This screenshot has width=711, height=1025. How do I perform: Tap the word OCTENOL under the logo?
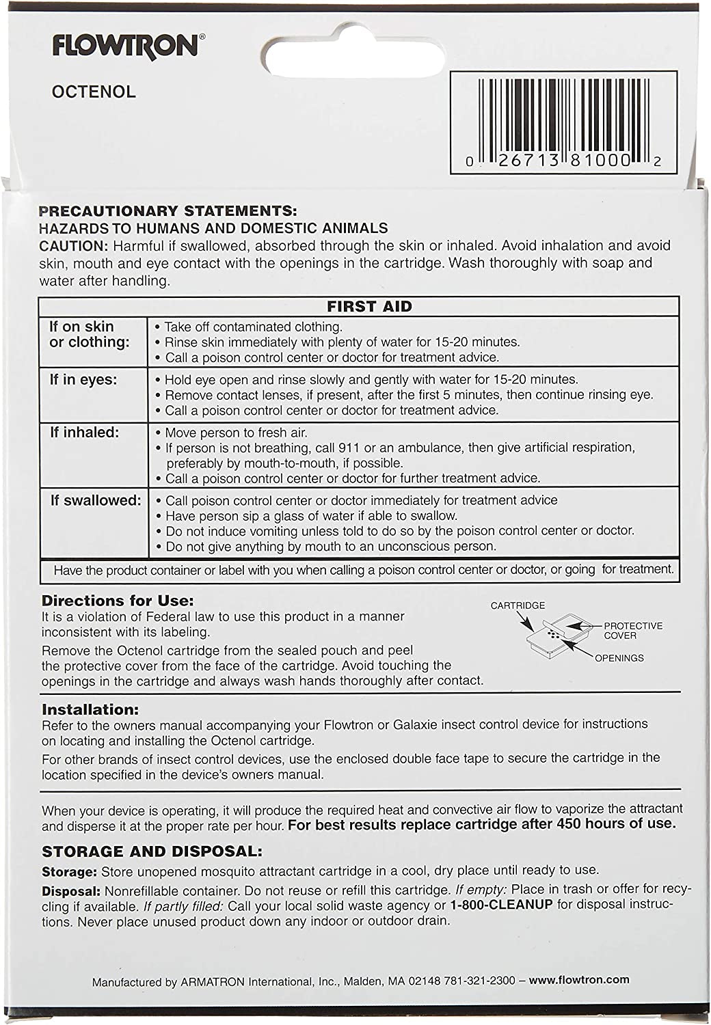coord(94,92)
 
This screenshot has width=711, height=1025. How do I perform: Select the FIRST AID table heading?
coord(369,307)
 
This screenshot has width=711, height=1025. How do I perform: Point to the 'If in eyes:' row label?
coord(83,380)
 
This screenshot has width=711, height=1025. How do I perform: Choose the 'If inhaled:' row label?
coord(84,433)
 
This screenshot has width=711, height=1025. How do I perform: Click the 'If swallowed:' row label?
coord(95,501)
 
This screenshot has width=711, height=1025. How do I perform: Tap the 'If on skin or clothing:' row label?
coord(89,334)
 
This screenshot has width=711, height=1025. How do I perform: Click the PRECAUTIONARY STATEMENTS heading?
coord(168,212)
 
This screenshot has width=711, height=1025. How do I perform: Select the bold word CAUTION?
coord(74,246)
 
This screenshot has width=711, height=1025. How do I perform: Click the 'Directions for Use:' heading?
coord(118,601)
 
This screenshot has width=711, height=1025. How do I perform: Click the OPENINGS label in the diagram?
coord(619,658)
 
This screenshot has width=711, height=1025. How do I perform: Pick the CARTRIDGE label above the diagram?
coord(518,605)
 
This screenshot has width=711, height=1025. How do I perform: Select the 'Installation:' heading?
coord(90,710)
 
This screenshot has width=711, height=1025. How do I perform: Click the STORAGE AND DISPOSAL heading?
coord(152,852)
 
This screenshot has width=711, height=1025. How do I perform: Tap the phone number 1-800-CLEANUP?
coord(500,906)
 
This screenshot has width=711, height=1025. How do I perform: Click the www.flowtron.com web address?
coord(579,980)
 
